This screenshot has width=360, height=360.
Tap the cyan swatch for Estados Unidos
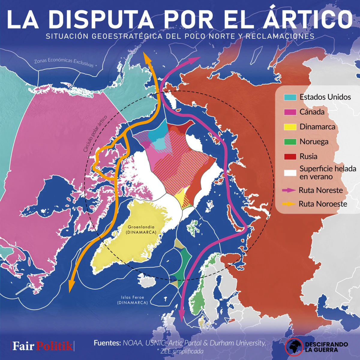pos(290,97)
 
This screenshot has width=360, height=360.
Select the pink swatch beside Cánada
pos(290,112)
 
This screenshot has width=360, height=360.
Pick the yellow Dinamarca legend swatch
pos(290,127)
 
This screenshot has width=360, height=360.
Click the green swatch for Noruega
pos(290,142)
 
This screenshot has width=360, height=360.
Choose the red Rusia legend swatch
pos(290,156)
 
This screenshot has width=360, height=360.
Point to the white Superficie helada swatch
pos(290,173)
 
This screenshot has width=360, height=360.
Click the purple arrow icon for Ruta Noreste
pos(289,190)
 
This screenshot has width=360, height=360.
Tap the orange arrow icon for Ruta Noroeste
pos(289,204)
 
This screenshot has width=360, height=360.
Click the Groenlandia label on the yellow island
pos(141,227)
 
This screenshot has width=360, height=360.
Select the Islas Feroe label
pos(133,297)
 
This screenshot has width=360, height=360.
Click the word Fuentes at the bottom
pos(107,343)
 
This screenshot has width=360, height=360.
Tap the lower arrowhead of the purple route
pos(181,318)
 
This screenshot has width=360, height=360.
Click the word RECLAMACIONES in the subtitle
pos(280,36)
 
